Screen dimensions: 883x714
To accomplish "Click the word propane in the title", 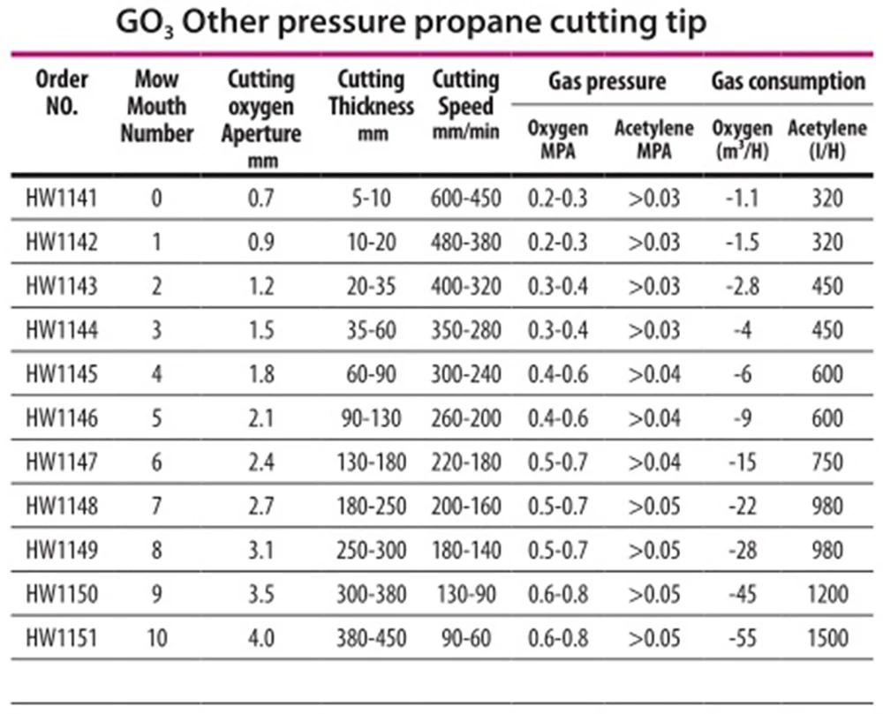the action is click(469, 24).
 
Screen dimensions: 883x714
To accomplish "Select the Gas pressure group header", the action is click(608, 81).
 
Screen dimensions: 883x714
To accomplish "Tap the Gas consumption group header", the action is click(788, 81).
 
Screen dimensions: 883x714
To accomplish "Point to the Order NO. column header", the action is click(62, 93).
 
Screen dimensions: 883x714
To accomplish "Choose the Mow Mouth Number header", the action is click(156, 106).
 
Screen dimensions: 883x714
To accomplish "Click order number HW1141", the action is click(62, 198).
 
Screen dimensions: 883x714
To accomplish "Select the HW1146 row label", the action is click(62, 418).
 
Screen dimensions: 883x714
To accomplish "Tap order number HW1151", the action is click(62, 638).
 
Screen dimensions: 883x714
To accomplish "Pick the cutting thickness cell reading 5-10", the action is click(371, 198).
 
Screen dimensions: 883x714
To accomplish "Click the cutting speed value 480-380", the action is click(465, 242).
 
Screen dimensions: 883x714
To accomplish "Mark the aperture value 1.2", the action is click(261, 286).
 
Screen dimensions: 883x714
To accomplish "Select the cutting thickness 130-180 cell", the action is click(371, 462).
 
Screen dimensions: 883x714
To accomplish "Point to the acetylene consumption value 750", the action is click(827, 462).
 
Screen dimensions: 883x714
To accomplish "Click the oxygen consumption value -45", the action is click(743, 594).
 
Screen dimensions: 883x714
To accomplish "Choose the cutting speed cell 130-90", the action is click(465, 594).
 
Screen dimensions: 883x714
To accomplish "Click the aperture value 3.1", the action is click(261, 550).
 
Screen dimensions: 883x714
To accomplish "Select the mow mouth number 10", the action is click(157, 638).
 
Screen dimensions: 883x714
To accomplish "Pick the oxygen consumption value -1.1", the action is click(743, 198).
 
